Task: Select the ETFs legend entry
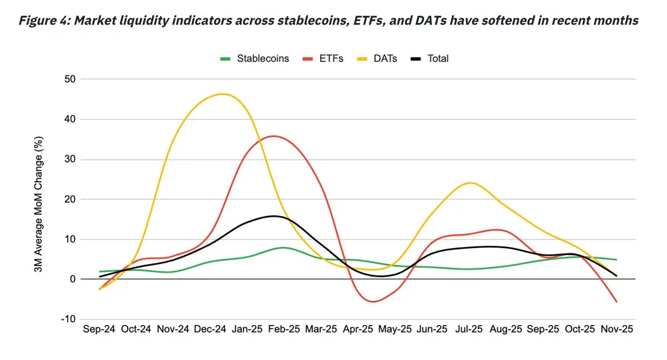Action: pyautogui.click(x=332, y=58)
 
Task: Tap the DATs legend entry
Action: pyautogui.click(x=385, y=58)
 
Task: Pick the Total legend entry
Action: pyautogui.click(x=437, y=58)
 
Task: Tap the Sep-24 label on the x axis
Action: pyautogui.click(x=99, y=329)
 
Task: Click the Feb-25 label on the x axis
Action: pyautogui.click(x=284, y=329)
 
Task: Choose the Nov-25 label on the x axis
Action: pyautogui.click(x=616, y=329)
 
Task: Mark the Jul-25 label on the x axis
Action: pyautogui.click(x=469, y=329)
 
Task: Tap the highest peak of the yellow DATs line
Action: pyautogui.click(x=222, y=94)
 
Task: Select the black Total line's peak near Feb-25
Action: pyautogui.click(x=273, y=216)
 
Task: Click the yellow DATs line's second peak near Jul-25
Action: pyautogui.click(x=471, y=183)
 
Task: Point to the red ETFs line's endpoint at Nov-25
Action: pyautogui.click(x=616, y=302)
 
